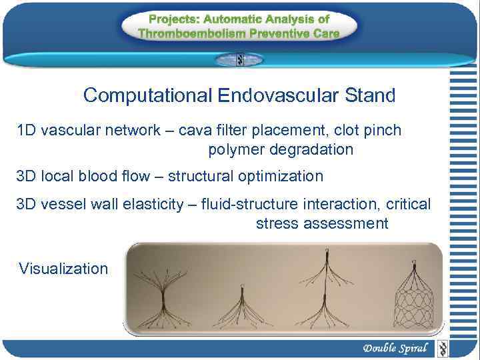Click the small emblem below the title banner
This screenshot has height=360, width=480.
(x=239, y=60)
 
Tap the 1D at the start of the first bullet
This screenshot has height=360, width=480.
(x=27, y=130)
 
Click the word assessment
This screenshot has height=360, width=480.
(x=345, y=223)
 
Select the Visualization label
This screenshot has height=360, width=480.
(x=63, y=269)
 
